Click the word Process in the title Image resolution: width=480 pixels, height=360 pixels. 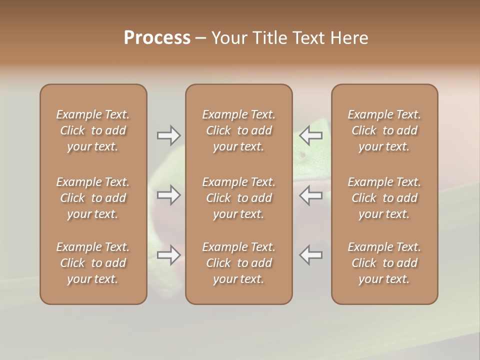(x=157, y=38)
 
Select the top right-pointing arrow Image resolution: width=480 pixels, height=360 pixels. (x=168, y=135)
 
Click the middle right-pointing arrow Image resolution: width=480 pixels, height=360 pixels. (x=168, y=195)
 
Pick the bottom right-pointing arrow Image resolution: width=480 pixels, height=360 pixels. (x=168, y=255)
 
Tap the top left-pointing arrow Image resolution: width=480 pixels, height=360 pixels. (x=311, y=135)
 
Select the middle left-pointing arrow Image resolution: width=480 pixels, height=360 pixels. (x=311, y=195)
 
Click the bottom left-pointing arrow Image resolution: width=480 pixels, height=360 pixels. (x=311, y=255)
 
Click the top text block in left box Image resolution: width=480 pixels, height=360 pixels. (x=93, y=130)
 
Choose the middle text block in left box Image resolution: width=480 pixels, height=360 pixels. (x=93, y=198)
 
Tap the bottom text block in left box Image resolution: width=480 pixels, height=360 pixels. (x=93, y=263)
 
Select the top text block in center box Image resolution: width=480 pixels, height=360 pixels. (x=239, y=130)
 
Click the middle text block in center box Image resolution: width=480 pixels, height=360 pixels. (x=239, y=198)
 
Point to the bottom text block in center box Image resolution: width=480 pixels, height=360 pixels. (x=239, y=263)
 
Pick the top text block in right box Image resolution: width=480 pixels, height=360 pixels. (x=384, y=130)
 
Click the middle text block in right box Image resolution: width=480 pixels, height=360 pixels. (x=384, y=198)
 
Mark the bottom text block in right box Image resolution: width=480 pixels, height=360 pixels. (x=384, y=263)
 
